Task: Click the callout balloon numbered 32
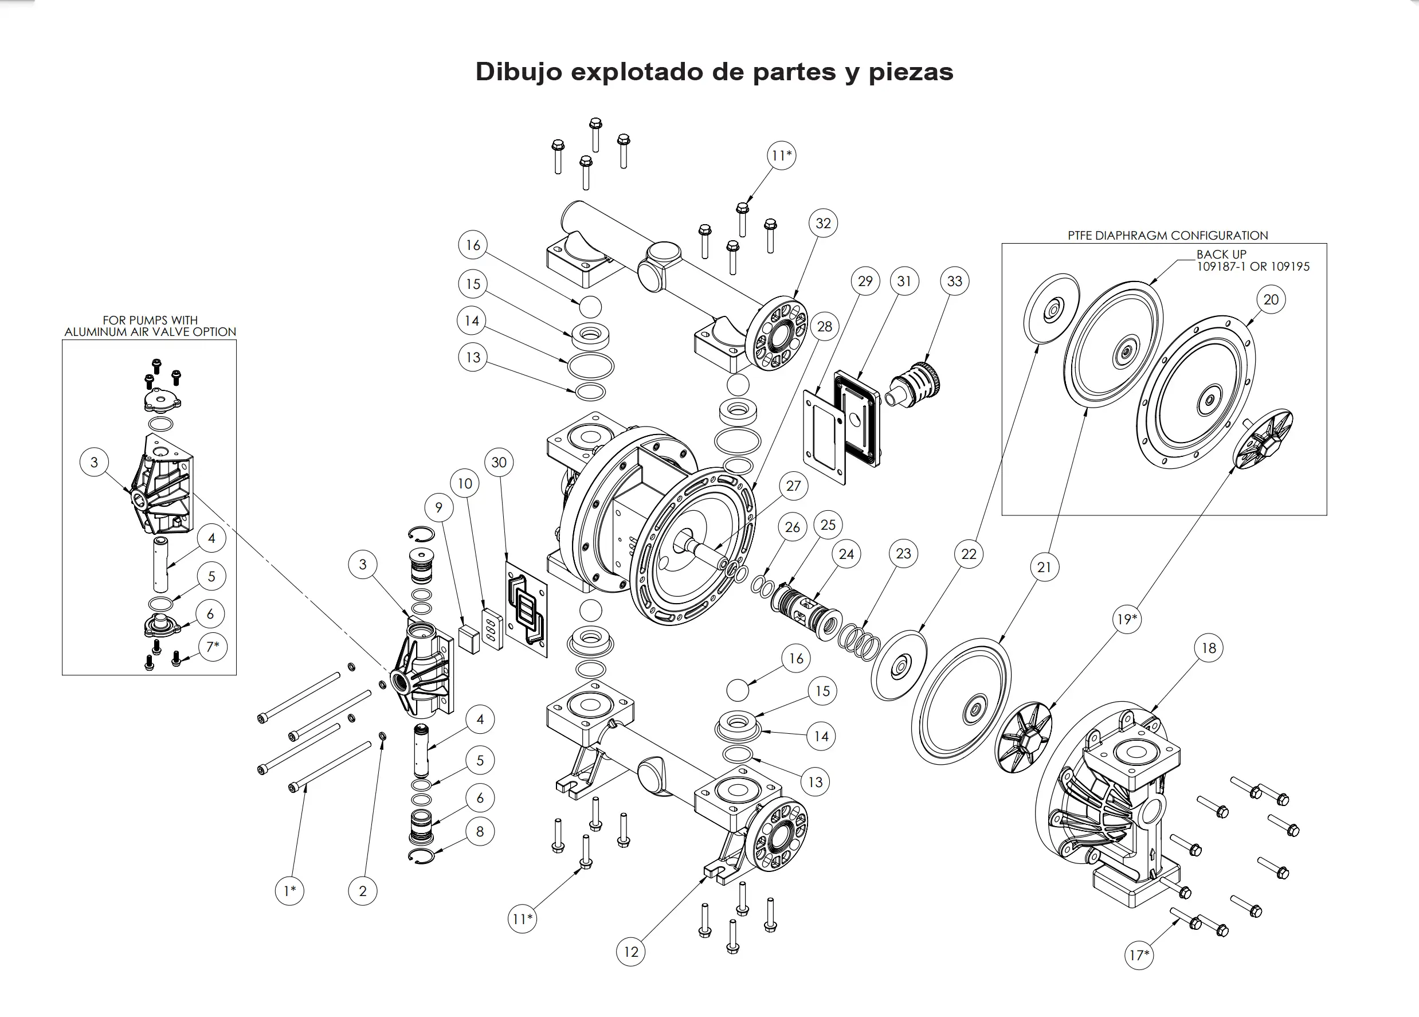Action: (x=823, y=224)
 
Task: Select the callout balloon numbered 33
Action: (x=954, y=281)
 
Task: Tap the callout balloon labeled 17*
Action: (x=1139, y=955)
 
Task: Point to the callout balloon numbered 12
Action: (x=630, y=952)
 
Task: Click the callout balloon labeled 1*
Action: (x=289, y=890)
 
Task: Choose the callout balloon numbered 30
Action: (x=499, y=463)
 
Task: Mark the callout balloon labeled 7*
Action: (x=213, y=647)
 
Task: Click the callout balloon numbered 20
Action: (x=1271, y=300)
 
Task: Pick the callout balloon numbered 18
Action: (x=1209, y=648)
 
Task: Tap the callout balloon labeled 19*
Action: (x=1127, y=619)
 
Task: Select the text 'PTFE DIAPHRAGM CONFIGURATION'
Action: (x=1167, y=235)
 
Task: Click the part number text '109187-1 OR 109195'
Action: (x=1253, y=267)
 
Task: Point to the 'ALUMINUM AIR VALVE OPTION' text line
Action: (x=150, y=332)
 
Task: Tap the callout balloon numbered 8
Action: (x=480, y=832)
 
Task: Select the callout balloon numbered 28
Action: (x=825, y=327)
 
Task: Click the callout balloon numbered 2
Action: (x=362, y=890)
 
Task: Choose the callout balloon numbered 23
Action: (x=903, y=553)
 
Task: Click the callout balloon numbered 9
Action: (x=438, y=507)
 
